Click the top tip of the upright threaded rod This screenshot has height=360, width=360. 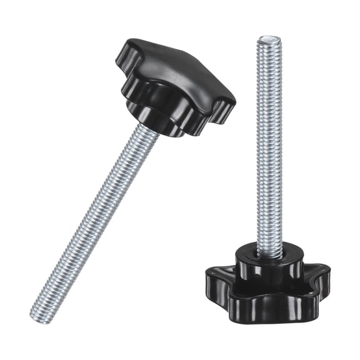point(268,40)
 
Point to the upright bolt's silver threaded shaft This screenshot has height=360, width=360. point(269,144)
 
